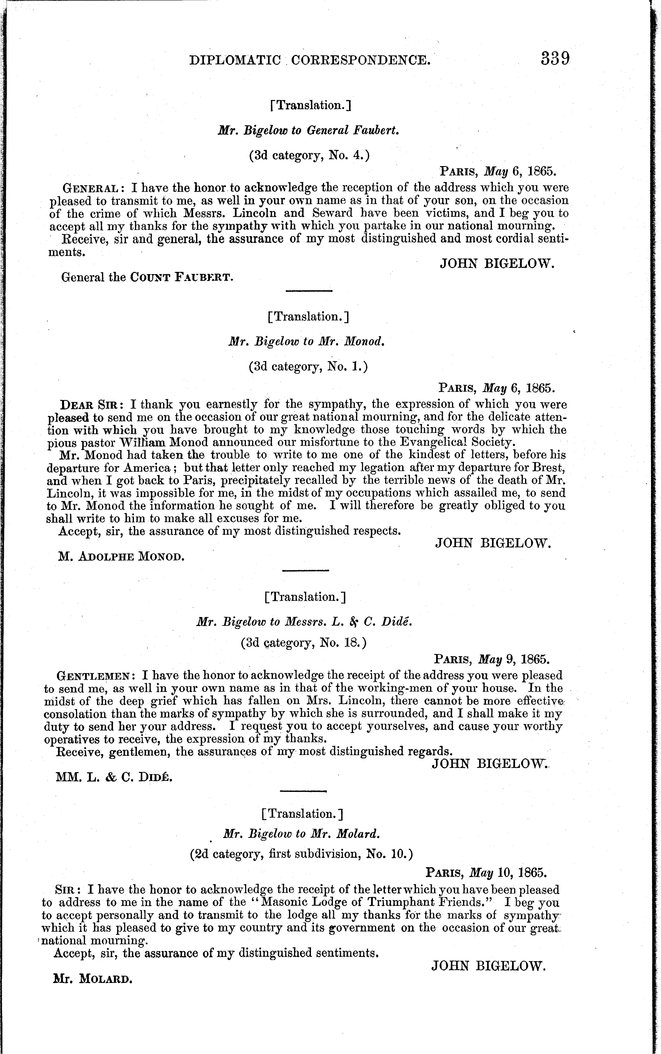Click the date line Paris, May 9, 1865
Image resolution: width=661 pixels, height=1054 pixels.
[491, 659]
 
